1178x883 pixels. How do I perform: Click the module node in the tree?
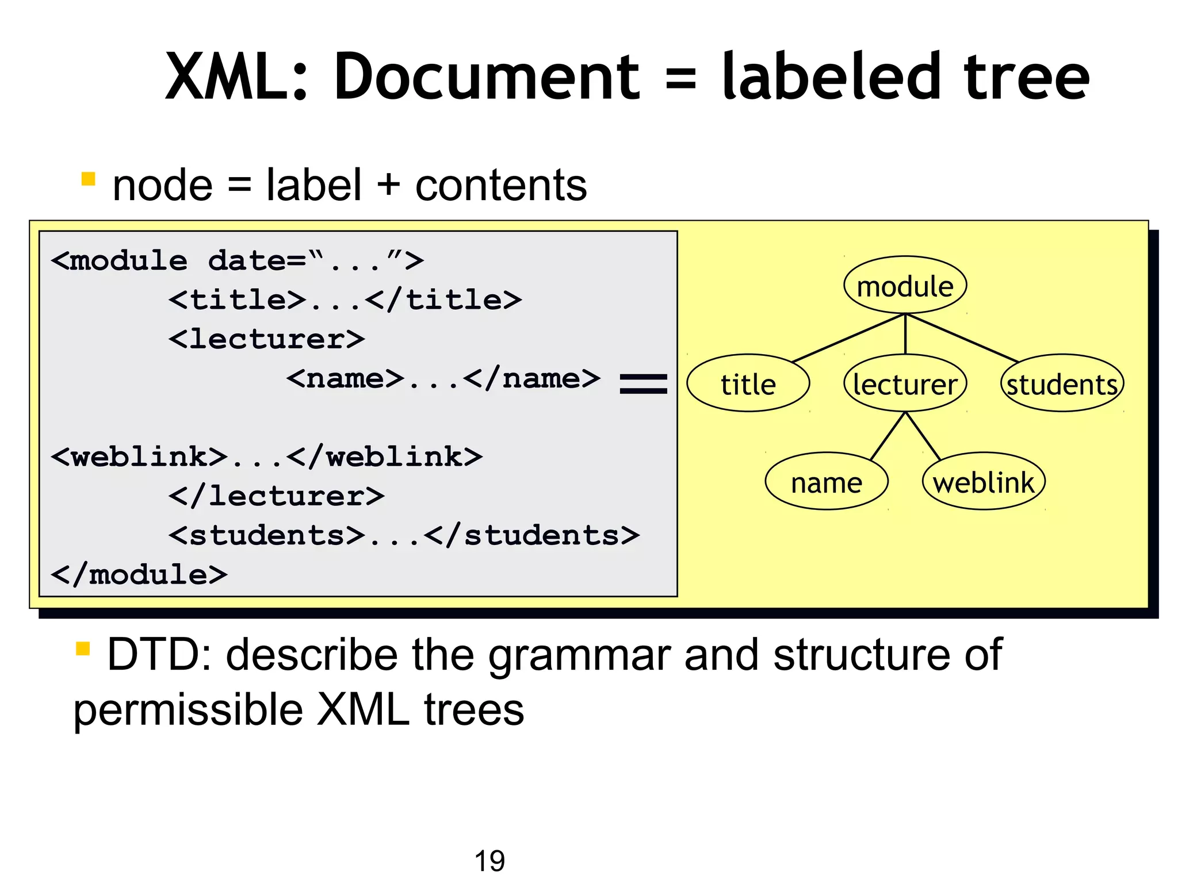click(x=905, y=286)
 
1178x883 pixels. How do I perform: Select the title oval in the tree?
click(x=748, y=383)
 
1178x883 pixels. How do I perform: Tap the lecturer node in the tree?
click(x=905, y=383)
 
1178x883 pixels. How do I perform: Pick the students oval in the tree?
click(x=1062, y=383)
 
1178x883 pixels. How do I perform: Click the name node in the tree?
click(x=826, y=482)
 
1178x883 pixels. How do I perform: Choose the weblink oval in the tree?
click(x=983, y=482)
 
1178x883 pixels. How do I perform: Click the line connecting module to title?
click(x=848, y=338)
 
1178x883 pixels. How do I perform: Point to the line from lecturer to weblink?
click(x=923, y=436)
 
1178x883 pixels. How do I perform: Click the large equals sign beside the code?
click(x=643, y=383)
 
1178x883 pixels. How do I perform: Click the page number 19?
click(x=489, y=861)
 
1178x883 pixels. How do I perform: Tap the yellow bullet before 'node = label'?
click(x=88, y=179)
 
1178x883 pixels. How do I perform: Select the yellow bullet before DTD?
click(x=83, y=648)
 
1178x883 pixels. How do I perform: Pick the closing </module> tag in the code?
click(x=139, y=574)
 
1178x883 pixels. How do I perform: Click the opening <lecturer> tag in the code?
click(x=266, y=339)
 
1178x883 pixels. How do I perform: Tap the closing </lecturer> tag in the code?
click(x=276, y=496)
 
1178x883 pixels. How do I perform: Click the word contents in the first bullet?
click(x=501, y=186)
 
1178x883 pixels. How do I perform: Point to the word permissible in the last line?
click(x=188, y=710)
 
